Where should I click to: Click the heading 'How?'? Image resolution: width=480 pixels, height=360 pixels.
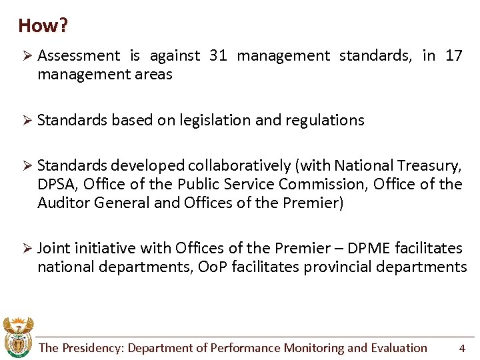pos(43,26)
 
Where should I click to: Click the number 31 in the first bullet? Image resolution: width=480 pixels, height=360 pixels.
pos(218,56)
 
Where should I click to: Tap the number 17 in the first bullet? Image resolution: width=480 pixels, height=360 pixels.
pos(454,56)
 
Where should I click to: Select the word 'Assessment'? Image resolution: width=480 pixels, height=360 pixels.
pos(79,56)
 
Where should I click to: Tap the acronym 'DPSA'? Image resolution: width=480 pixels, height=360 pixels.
pos(57,184)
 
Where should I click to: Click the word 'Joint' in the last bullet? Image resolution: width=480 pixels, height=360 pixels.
pos(54,248)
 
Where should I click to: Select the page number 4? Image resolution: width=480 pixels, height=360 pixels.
pos(462,348)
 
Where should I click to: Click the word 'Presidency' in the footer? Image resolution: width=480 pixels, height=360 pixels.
pos(92,348)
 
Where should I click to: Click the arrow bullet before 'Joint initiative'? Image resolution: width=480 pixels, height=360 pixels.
pos(27,248)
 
